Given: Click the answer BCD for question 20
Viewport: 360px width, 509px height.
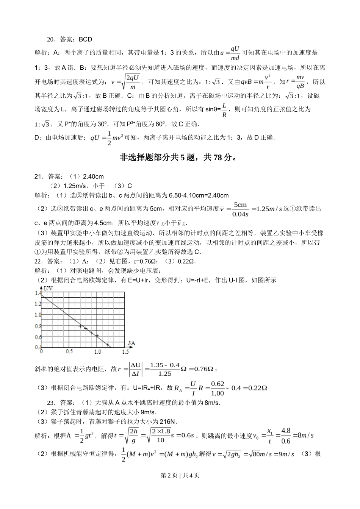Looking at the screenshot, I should click(85, 39).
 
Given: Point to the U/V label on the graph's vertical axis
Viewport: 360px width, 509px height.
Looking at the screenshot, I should click(48, 289).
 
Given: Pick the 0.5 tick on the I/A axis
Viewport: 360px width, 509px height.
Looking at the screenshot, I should click(69, 352).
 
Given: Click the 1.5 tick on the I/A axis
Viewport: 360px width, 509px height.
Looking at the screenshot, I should click(125, 352).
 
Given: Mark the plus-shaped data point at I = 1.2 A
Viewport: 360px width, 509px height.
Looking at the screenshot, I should click(108, 345).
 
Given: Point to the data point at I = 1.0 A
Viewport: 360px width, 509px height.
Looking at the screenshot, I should click(97, 336).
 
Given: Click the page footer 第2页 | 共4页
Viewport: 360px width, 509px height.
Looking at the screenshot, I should click(180, 475).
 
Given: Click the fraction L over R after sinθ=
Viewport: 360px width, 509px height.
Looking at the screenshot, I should click(224, 110).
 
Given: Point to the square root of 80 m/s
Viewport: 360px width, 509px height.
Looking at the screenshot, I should click(259, 454).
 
